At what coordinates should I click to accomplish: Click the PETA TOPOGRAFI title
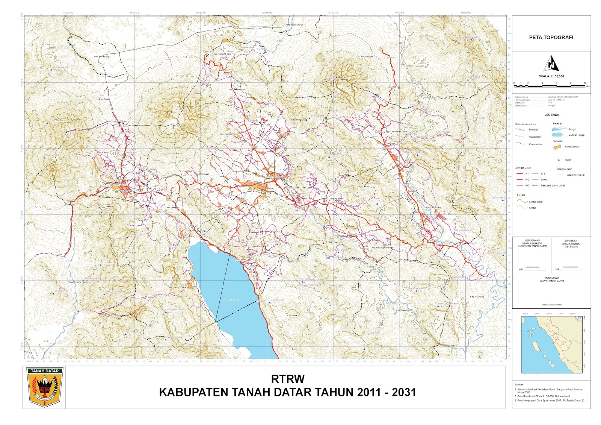(x=551, y=37)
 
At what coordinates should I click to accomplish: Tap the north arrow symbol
(x=551, y=64)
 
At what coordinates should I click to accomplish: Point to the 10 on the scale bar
(x=585, y=83)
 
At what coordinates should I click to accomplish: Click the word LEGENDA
(x=551, y=115)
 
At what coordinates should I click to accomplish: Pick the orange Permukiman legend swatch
(x=557, y=147)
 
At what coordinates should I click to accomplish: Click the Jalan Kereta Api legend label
(x=575, y=175)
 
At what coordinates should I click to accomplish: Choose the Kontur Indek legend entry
(x=535, y=202)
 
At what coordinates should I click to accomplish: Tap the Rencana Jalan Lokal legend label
(x=553, y=185)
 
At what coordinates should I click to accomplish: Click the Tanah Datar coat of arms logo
(x=45, y=387)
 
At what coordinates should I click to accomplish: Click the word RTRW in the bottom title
(x=287, y=378)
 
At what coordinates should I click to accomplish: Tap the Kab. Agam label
(x=104, y=99)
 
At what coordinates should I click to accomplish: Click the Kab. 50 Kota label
(x=367, y=57)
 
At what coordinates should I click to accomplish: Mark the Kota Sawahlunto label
(x=403, y=310)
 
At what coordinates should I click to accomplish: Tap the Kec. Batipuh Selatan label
(x=178, y=288)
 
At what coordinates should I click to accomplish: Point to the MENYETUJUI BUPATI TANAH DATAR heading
(x=551, y=279)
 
